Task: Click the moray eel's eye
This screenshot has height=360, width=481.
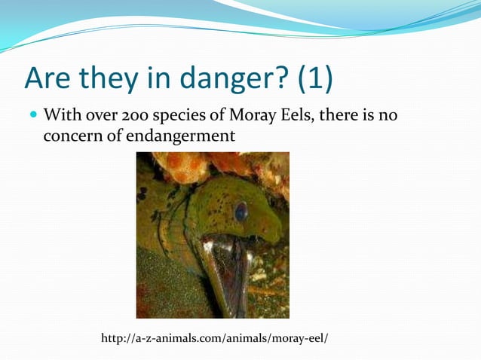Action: (240, 212)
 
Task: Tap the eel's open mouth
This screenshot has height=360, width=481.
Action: (228, 271)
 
